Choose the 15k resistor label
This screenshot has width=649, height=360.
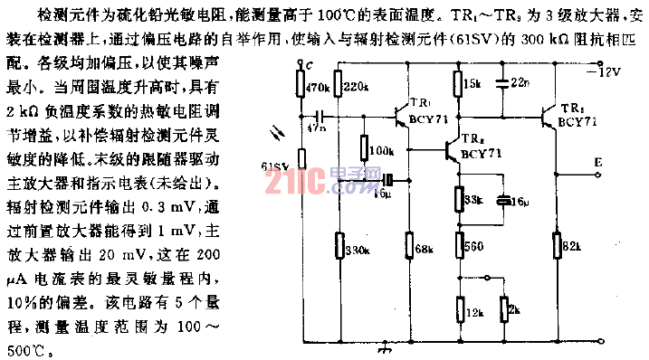[472, 82]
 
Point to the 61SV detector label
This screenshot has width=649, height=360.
[275, 166]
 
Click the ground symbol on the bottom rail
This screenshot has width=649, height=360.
[388, 347]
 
